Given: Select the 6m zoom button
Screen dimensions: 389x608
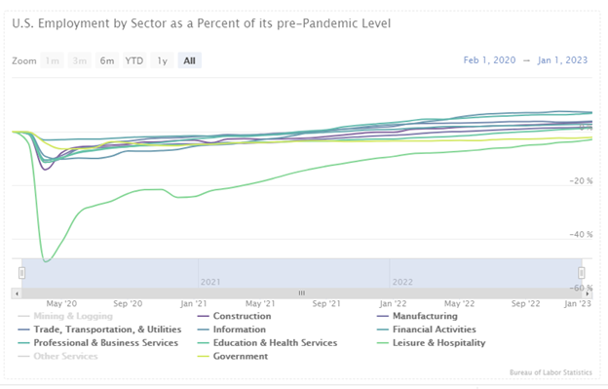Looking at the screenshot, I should click(106, 60).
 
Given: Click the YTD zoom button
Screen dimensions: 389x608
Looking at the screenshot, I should click(133, 60).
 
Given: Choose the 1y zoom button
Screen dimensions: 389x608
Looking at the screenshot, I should click(162, 60).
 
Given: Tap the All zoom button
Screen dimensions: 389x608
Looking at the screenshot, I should click(189, 60).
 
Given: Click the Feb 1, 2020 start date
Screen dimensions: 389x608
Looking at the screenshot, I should click(490, 60).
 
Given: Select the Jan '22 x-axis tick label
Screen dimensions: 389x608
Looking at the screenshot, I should click(393, 303).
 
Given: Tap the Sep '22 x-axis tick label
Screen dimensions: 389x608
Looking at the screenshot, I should click(525, 303).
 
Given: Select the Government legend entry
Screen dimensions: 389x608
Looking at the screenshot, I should click(240, 357).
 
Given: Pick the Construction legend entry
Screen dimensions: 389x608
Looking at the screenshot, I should click(242, 316).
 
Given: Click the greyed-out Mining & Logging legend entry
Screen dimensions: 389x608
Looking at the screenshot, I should click(72, 316).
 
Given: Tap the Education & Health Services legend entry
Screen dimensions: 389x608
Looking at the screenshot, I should click(275, 343).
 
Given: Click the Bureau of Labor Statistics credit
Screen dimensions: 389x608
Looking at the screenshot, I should click(553, 372).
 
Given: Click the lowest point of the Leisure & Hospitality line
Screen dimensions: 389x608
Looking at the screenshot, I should click(45, 260).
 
